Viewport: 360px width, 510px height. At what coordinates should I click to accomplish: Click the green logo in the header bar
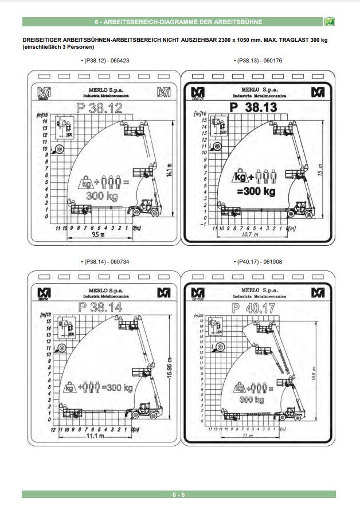(328, 22)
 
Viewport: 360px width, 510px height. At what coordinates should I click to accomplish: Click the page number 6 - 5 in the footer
(179, 495)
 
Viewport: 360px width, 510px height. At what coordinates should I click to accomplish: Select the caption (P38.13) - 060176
(258, 60)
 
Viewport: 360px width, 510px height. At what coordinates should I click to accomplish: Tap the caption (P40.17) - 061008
(258, 261)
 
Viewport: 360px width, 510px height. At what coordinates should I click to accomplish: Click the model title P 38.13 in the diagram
(256, 107)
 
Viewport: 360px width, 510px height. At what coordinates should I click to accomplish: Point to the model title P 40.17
(253, 308)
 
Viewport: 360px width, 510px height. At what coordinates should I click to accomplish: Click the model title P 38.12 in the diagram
(100, 107)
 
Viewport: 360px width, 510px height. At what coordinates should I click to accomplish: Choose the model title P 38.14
(99, 308)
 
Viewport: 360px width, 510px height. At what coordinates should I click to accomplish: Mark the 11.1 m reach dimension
(94, 437)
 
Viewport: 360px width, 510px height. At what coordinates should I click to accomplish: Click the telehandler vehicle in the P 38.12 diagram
(144, 207)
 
